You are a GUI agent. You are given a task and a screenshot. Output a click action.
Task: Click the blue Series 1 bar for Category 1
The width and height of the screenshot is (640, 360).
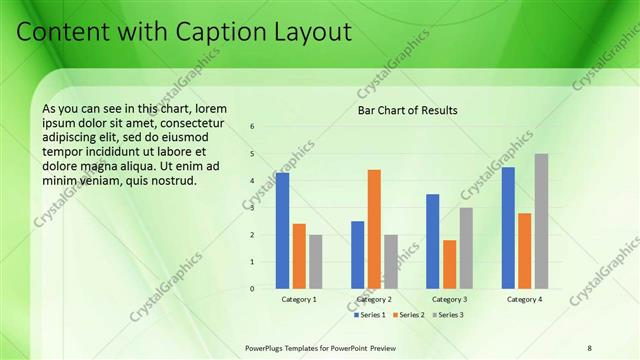(x=283, y=231)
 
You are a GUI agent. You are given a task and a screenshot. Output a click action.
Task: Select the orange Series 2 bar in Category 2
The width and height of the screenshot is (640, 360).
(x=374, y=229)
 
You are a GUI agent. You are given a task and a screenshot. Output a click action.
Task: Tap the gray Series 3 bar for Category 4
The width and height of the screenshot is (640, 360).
(x=541, y=221)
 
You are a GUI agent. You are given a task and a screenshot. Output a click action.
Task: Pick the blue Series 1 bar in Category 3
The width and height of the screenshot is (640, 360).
(x=432, y=241)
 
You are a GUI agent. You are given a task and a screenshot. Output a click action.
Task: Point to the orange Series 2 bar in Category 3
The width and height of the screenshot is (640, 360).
(x=449, y=264)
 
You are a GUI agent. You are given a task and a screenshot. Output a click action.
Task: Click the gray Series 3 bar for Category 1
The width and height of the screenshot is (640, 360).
(x=316, y=262)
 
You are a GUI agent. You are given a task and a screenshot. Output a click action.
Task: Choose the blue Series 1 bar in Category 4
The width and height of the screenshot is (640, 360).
(x=508, y=228)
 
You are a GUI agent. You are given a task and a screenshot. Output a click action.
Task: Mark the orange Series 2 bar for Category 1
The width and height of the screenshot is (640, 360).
(x=299, y=256)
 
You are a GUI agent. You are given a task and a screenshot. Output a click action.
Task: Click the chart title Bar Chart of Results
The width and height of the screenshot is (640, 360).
(x=408, y=110)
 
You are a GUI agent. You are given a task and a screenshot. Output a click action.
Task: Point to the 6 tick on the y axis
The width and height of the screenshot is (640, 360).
(x=253, y=127)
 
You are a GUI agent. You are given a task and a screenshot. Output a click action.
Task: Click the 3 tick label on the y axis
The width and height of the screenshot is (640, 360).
(x=253, y=208)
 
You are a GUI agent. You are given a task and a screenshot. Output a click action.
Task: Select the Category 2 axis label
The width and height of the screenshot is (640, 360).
(x=374, y=299)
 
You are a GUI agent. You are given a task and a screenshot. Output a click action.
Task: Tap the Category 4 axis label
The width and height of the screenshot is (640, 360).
(x=524, y=299)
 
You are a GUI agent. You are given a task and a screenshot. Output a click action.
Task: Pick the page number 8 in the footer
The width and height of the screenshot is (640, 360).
(x=590, y=347)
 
